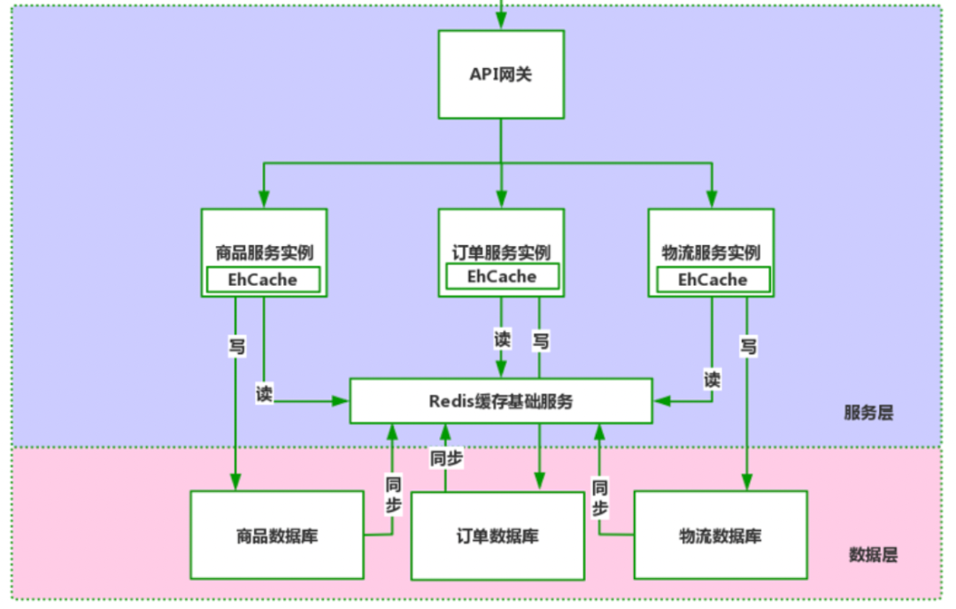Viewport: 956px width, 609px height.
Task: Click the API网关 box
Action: click(501, 74)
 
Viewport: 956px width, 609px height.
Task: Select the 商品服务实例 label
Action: click(264, 252)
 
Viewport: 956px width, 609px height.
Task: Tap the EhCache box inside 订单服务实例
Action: click(502, 276)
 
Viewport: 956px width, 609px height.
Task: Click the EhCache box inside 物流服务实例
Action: click(713, 280)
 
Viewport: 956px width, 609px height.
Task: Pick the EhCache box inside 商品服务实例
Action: click(264, 280)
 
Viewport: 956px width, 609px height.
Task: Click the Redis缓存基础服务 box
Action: click(501, 401)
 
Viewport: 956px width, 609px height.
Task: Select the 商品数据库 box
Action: click(277, 536)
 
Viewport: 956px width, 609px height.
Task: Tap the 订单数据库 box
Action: click(497, 536)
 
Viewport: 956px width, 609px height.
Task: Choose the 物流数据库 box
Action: click(720, 536)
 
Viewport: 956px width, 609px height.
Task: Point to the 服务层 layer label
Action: click(868, 412)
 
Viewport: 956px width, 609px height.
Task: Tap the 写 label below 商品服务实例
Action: click(236, 346)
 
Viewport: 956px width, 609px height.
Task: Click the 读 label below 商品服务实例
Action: click(264, 394)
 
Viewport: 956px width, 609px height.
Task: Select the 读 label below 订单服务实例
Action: click(502, 339)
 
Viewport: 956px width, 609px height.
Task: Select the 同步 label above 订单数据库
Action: click(446, 459)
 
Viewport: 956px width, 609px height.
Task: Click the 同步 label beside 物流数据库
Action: click(600, 498)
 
